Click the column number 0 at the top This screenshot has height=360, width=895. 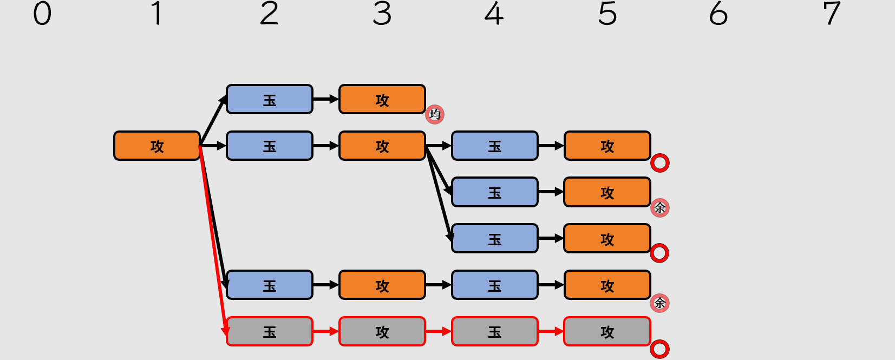coord(42,14)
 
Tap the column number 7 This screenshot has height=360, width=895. coord(831,14)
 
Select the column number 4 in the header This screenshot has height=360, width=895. coord(494,14)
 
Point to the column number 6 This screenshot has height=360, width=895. coord(718,14)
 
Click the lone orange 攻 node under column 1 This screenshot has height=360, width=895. coord(157,146)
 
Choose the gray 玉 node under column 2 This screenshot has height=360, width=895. coord(270,331)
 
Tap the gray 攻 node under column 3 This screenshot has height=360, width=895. coord(382,331)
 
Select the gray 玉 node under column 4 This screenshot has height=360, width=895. coord(495,331)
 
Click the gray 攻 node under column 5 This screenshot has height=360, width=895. coord(607,331)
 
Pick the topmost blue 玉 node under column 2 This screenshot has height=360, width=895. coord(270,99)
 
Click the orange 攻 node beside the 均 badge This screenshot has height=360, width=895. coord(382,99)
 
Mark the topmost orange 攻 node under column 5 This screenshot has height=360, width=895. coord(607,146)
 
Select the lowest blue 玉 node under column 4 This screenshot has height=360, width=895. coord(495,285)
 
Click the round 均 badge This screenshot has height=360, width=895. coord(435,114)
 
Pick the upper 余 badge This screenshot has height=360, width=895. coord(659,207)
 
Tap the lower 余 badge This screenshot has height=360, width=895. coord(659,303)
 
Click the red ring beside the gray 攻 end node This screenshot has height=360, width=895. coord(659,349)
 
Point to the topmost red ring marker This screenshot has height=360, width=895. coord(659,163)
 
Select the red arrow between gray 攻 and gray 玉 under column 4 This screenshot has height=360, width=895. coord(438,331)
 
